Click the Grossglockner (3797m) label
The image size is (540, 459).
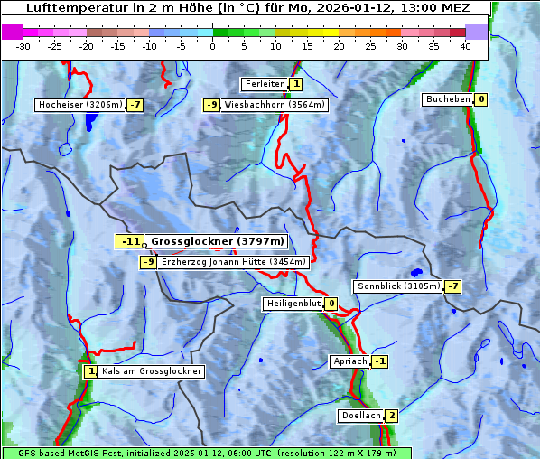point(218,241)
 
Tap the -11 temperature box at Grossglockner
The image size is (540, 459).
point(130,241)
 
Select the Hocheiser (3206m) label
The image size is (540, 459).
point(79,105)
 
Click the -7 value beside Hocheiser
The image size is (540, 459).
point(135,105)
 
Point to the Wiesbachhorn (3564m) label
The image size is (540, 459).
point(275,105)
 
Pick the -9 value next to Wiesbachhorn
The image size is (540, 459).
point(212,105)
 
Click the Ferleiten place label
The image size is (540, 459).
point(265,84)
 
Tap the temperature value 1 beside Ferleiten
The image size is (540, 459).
point(296,84)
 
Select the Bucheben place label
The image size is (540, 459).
point(448,99)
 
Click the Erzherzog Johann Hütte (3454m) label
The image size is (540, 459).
point(234,262)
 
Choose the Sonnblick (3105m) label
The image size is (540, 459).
point(398,286)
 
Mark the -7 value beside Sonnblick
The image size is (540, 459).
point(453,286)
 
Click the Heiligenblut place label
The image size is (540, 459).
point(293,304)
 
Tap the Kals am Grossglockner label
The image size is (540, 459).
point(152,371)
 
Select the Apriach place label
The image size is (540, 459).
point(350,361)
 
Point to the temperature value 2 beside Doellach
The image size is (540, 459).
point(391,416)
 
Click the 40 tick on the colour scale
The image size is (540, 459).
point(465,46)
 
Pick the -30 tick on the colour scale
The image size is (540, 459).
point(23,46)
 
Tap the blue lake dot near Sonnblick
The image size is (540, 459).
point(416,271)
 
